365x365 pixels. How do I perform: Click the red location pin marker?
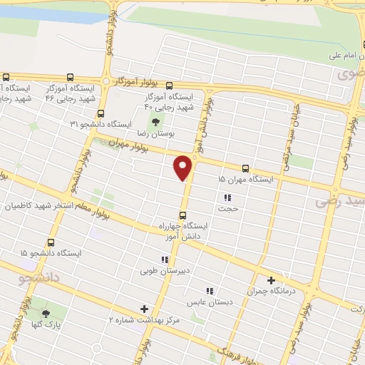coord(184,168)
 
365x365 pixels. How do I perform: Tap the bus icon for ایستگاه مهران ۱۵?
coord(245,169)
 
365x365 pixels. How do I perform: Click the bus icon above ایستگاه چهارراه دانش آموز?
coord(183,215)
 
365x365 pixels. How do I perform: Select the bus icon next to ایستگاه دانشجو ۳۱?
coord(101,113)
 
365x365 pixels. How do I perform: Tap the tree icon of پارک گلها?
coord(46,313)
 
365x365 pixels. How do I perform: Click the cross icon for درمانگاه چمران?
coord(271,280)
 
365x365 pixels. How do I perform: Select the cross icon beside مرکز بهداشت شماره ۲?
coord(145,309)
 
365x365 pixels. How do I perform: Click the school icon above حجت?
coord(227,197)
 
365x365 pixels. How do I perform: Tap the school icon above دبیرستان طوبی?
coord(165,259)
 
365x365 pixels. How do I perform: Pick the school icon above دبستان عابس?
coord(210,291)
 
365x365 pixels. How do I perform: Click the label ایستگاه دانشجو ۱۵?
coord(51,253)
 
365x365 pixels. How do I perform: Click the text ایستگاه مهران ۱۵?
coord(245,180)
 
